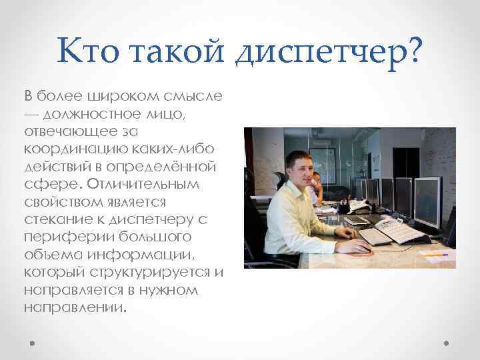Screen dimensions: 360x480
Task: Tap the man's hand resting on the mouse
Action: (353, 247)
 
